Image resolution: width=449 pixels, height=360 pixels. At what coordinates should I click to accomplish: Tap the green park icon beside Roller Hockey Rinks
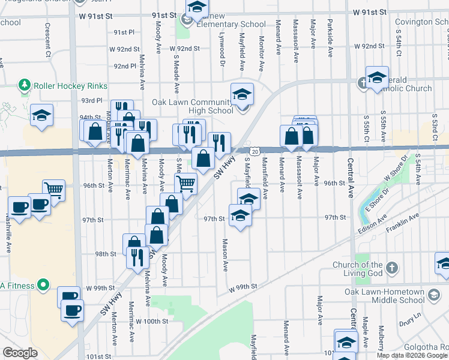pyautogui.click(x=25, y=85)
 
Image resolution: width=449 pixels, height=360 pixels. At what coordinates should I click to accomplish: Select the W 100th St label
pyautogui.click(x=152, y=322)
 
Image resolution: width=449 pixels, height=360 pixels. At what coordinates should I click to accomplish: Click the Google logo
pyautogui.click(x=20, y=353)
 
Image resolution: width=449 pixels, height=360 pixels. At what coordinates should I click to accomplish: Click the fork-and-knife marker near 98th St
pyautogui.click(x=137, y=257)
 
